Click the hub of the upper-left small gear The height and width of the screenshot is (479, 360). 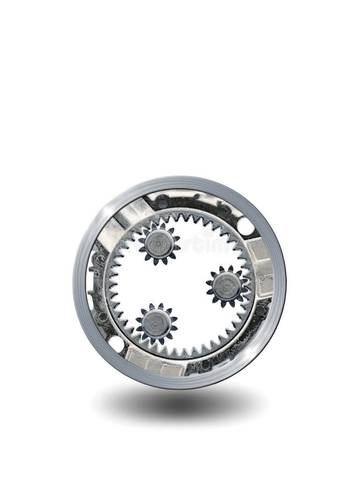click(158, 243)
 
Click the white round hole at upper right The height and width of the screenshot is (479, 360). click(245, 226)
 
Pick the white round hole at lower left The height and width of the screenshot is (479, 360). click(116, 344)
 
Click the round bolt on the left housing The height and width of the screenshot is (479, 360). click(100, 259)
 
